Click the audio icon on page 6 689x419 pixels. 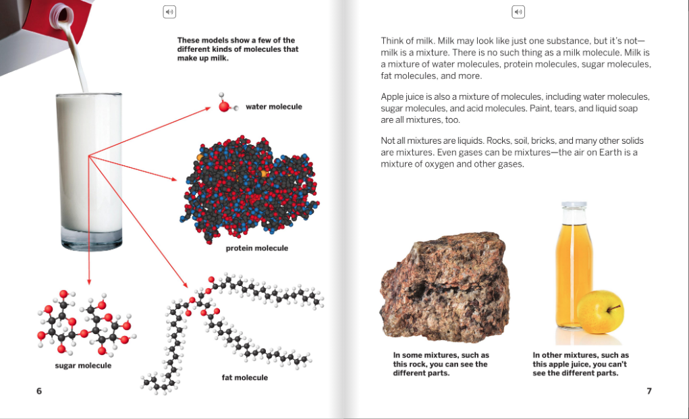coord(169,11)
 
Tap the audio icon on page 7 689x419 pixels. coord(518,11)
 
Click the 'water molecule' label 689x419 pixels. coord(273,107)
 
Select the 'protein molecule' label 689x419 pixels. coord(256,248)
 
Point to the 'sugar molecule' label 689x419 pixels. coord(83,366)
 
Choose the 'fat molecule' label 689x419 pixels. coord(244,378)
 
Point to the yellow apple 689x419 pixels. coord(600,312)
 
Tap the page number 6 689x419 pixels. coord(39,391)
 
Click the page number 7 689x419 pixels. coord(649,391)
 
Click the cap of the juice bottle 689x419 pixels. coord(574,205)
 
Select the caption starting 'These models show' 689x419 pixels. coord(238,49)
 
